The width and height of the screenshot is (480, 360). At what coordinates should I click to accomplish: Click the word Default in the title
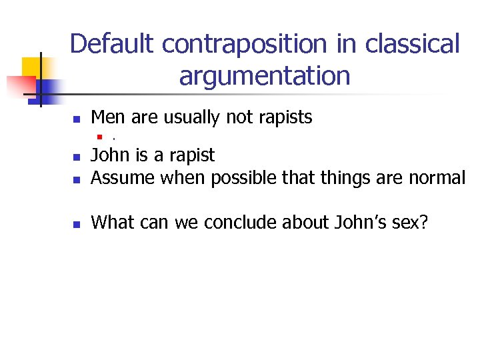(x=112, y=45)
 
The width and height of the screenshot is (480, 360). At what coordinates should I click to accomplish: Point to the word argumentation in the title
(x=265, y=76)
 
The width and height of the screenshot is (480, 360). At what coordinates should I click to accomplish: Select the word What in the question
(x=111, y=221)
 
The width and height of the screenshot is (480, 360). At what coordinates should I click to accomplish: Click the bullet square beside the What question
(x=77, y=223)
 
